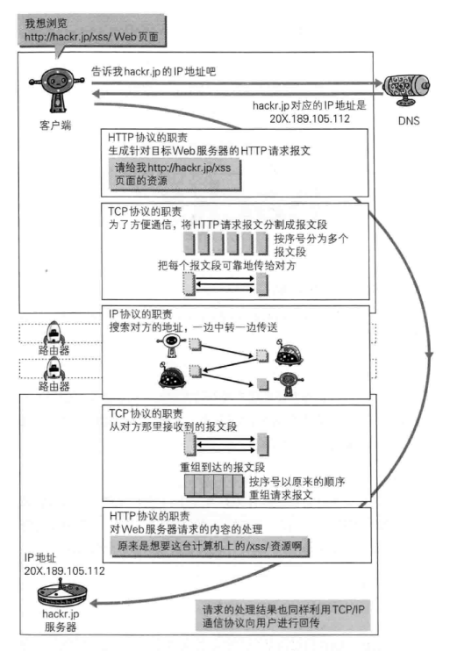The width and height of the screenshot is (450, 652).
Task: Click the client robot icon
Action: [57, 90]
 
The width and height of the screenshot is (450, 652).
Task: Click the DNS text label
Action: [409, 120]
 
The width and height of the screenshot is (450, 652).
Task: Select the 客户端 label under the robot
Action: [55, 125]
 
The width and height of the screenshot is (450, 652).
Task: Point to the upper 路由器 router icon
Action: [54, 333]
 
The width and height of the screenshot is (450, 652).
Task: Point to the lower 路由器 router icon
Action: [54, 369]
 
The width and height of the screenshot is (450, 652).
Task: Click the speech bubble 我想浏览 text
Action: [46, 23]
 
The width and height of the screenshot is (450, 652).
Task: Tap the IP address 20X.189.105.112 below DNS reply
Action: [310, 118]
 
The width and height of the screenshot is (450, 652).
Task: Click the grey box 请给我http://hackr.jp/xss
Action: [175, 175]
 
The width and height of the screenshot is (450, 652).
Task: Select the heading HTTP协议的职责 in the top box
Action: [148, 138]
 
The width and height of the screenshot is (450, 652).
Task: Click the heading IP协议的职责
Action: [140, 314]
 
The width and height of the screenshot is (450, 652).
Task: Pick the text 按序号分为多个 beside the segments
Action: [311, 239]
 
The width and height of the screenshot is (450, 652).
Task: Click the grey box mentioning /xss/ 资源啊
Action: [210, 546]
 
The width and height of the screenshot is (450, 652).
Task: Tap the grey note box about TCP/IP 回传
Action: [283, 616]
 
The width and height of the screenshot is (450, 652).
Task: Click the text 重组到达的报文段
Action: [222, 467]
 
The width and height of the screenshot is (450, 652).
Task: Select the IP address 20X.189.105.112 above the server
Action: [64, 571]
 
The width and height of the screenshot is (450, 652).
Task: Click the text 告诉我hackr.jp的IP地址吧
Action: [154, 72]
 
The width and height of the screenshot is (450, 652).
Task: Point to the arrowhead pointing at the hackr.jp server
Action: [93, 604]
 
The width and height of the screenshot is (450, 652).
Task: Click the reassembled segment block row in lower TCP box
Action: [214, 485]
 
